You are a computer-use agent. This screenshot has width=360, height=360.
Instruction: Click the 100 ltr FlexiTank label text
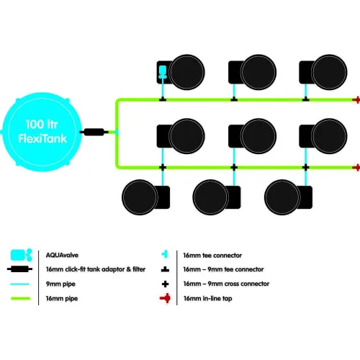point(42,132)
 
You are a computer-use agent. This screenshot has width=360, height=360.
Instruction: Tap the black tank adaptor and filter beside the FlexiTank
point(94,132)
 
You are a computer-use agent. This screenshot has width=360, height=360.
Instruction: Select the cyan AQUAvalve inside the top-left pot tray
point(163,72)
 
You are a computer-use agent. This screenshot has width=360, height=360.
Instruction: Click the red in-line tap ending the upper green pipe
point(356,99)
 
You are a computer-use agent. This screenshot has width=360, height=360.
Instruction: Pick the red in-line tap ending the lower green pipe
point(356,168)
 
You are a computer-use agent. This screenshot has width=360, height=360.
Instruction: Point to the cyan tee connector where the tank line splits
point(117,132)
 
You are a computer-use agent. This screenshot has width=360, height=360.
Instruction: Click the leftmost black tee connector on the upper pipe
point(163,99)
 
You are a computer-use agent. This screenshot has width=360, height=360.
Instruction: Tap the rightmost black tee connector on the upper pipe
point(305,99)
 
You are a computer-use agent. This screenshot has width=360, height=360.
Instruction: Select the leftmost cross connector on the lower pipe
point(163,167)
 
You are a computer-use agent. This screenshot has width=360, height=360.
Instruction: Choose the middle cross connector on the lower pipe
point(234,167)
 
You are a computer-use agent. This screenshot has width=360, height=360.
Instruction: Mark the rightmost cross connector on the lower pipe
point(305,167)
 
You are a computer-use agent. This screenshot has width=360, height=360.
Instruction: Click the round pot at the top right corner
point(329,72)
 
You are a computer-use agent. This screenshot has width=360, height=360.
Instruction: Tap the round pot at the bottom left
point(140,197)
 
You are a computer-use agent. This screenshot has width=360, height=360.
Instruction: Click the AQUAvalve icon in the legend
point(22,255)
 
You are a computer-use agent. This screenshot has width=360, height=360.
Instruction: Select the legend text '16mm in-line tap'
point(208,299)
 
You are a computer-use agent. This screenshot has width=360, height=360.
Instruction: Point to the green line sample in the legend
point(21,298)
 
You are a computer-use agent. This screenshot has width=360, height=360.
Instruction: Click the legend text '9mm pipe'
point(60,284)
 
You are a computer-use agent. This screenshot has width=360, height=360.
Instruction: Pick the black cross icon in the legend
point(165,284)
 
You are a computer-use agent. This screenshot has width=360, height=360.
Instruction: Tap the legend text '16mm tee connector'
point(212,256)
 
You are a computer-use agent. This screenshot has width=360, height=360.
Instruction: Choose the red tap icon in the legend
point(166,298)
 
